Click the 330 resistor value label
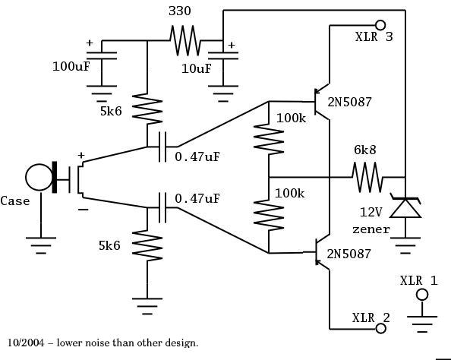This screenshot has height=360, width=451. point(180,11)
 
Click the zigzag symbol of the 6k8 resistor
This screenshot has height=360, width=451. point(367,177)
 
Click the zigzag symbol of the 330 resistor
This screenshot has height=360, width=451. point(185,40)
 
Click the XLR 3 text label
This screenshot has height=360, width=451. point(374,36)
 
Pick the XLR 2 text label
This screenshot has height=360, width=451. point(371,317)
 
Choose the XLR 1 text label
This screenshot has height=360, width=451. point(418,280)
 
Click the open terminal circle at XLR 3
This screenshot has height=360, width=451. point(380,25)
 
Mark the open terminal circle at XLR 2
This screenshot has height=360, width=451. point(381,329)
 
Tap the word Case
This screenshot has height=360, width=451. point(15,201)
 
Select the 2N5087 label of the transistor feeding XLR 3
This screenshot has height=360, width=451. point(349,103)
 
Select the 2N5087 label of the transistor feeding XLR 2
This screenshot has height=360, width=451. point(349,252)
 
